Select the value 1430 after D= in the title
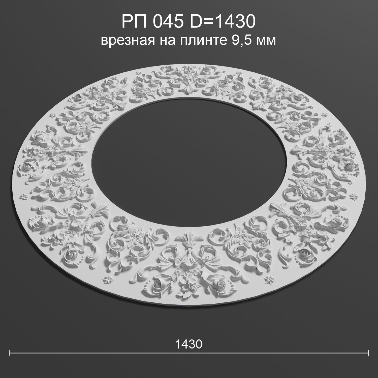[x=236, y=22]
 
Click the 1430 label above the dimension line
[x=189, y=344]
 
